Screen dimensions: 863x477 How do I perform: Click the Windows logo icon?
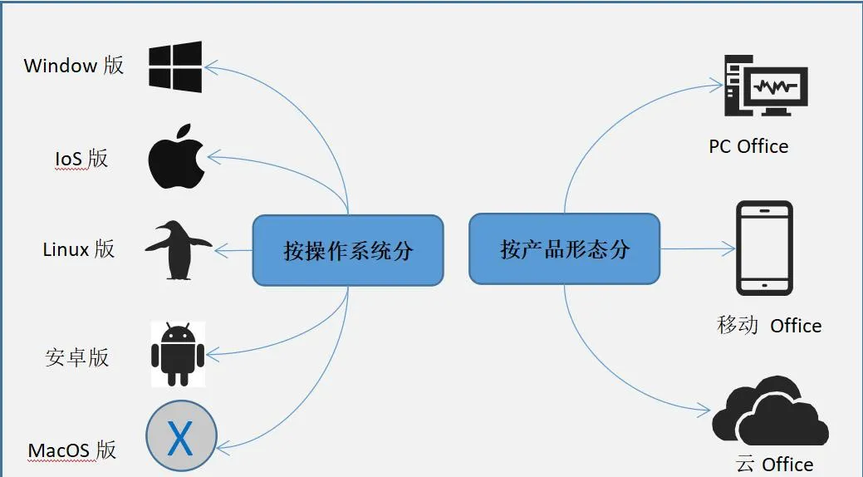click(x=175, y=66)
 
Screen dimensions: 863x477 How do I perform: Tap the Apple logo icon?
click(x=176, y=157)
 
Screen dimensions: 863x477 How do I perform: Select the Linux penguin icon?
click(x=177, y=249)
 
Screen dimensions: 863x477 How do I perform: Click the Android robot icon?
click(x=178, y=353)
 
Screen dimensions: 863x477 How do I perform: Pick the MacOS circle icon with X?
click(x=181, y=437)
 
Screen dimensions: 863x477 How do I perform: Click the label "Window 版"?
click(x=74, y=66)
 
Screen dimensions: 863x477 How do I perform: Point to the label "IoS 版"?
click(x=81, y=158)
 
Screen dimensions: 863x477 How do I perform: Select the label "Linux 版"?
click(x=79, y=248)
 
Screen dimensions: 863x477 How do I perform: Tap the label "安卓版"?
click(x=77, y=357)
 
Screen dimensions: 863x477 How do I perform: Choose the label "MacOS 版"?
click(x=72, y=450)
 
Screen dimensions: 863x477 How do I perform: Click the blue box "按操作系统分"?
click(x=348, y=250)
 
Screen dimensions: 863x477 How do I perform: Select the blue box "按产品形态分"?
click(x=565, y=248)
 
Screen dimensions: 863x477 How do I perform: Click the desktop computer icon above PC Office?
click(x=764, y=85)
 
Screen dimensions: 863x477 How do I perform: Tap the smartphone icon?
click(x=764, y=248)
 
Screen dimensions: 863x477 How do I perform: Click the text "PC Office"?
click(x=748, y=147)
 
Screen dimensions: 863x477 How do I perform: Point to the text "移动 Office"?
click(x=769, y=325)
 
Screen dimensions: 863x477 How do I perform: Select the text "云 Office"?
click(x=774, y=464)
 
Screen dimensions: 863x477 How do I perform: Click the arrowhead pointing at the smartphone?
click(x=729, y=248)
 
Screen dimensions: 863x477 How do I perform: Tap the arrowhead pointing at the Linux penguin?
click(x=220, y=249)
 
